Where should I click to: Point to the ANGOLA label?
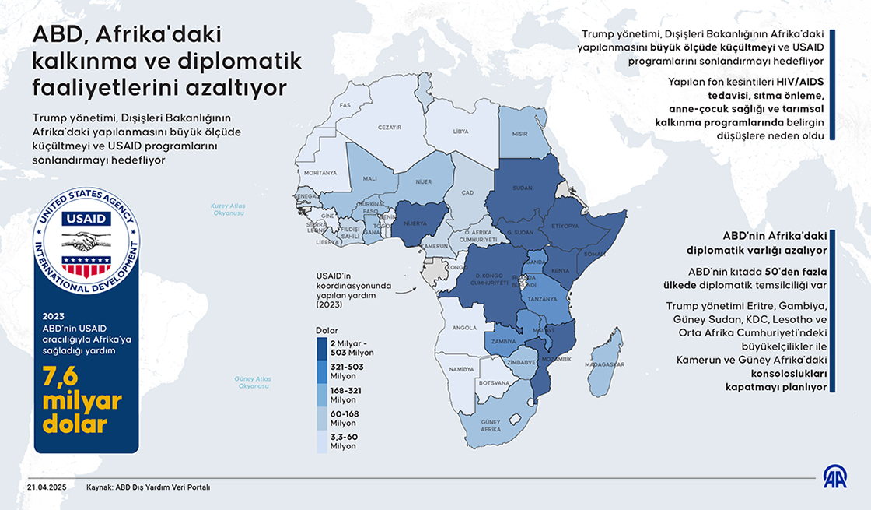pos(464,328)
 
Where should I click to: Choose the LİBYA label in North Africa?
pos(461,132)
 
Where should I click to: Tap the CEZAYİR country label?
pos(389,127)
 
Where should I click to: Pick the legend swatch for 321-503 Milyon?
pos(322,371)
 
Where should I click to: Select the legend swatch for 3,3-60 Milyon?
pos(322,441)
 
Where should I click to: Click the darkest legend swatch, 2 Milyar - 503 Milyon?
pos(322,347)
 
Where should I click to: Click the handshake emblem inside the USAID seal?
pos(86,240)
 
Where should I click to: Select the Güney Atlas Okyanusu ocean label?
pos(252,382)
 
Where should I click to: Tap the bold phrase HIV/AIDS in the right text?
pos(799,82)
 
